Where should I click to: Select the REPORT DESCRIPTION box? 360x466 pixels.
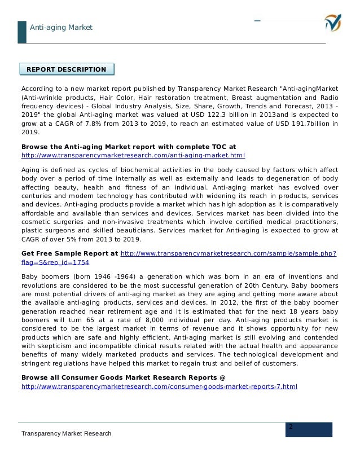(x=67, y=69)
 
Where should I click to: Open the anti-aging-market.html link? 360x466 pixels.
(x=133, y=155)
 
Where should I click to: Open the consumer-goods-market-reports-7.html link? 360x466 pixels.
(x=159, y=386)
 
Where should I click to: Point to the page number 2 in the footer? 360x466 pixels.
(x=291, y=427)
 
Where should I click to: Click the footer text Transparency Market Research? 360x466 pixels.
(x=66, y=433)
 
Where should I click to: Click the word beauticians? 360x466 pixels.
(x=136, y=230)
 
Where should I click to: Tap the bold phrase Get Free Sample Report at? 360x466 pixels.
(x=69, y=254)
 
